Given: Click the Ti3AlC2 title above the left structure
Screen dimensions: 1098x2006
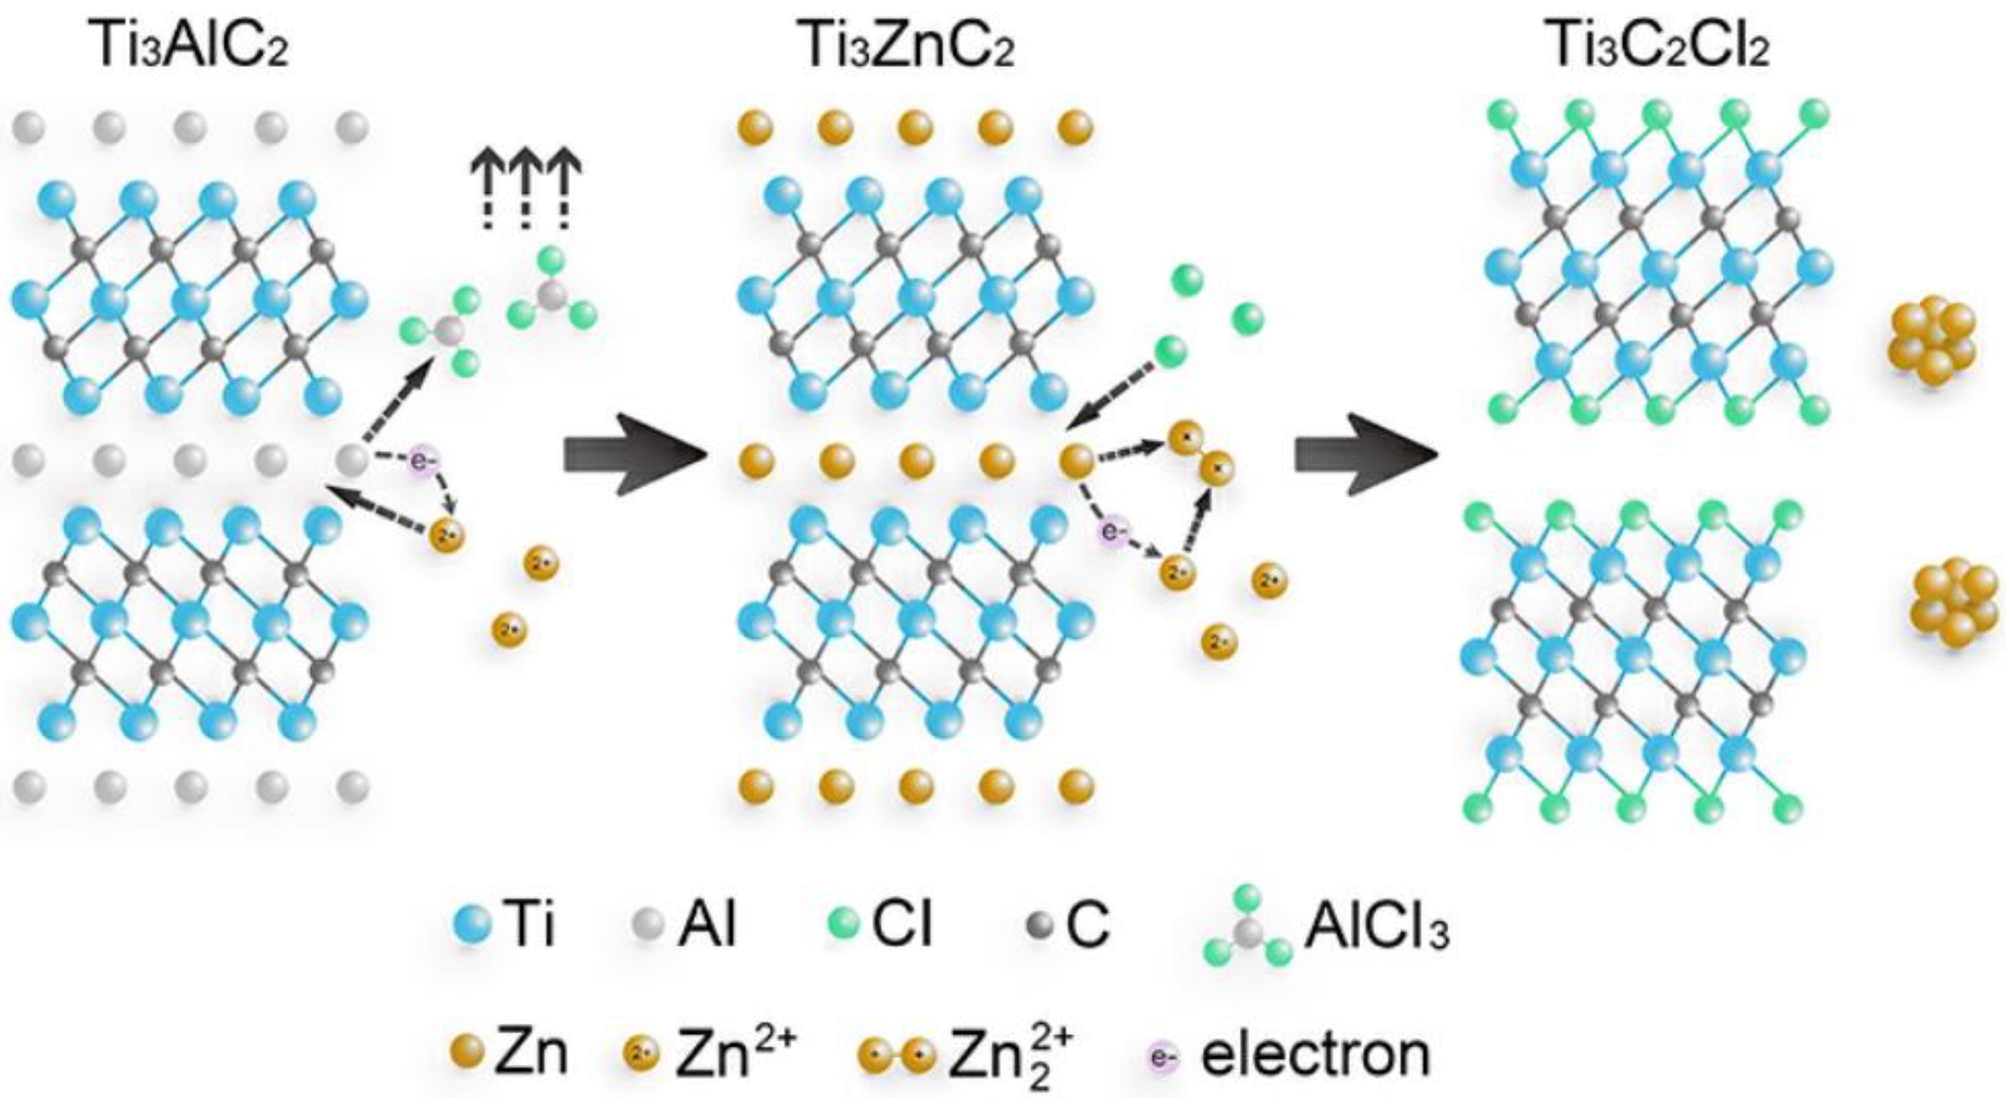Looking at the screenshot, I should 190,46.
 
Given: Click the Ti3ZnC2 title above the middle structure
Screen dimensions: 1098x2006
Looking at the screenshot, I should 907,46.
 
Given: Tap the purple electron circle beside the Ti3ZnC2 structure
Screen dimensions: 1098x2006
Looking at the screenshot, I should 1114,533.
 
